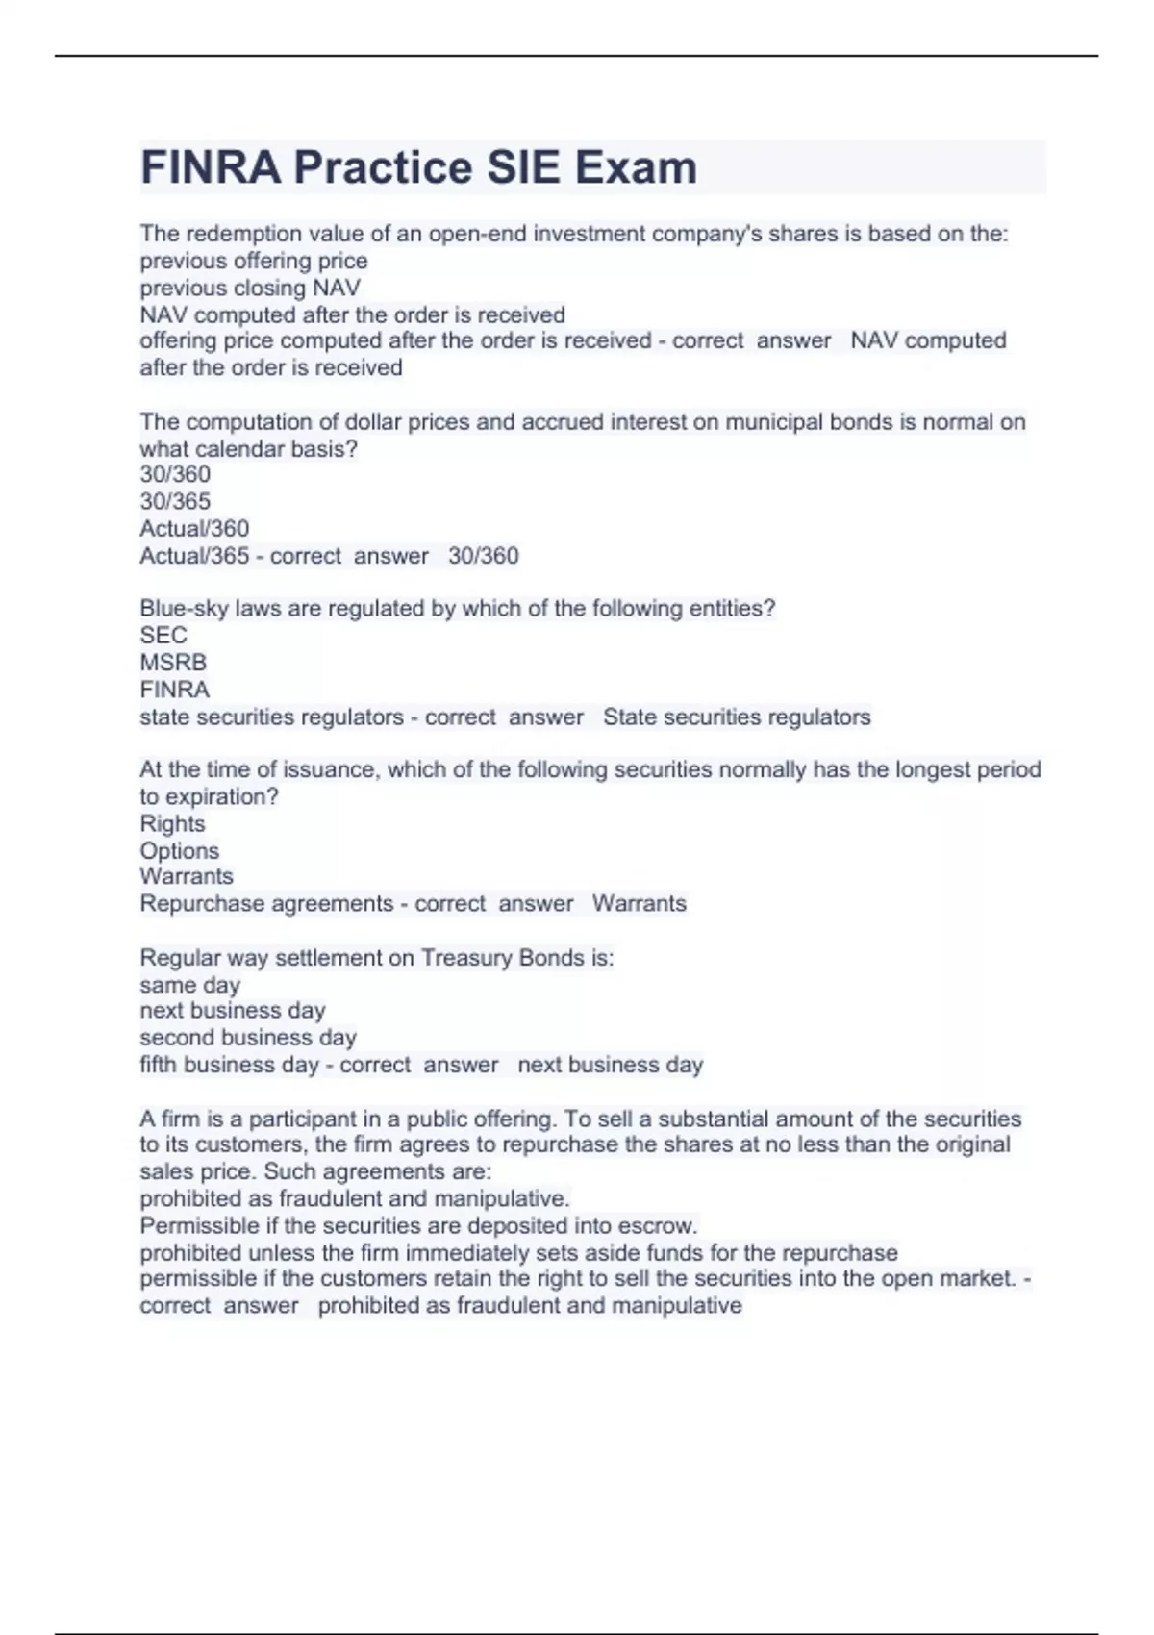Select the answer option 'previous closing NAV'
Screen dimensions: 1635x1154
point(250,288)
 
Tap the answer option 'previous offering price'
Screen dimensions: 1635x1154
point(254,261)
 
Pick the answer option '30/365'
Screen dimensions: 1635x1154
point(175,501)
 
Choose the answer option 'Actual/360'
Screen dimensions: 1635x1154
point(194,528)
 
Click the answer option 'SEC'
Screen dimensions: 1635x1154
point(163,635)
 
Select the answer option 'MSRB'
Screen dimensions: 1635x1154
point(173,663)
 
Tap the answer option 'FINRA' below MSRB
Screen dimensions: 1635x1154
point(175,690)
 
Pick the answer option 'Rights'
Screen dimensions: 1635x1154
point(172,823)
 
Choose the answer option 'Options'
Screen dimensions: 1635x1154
point(180,850)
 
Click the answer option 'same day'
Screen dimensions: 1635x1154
point(189,985)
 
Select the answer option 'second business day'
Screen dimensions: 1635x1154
point(248,1037)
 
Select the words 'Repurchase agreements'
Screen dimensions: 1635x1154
point(266,903)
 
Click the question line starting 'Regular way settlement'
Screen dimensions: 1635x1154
point(377,958)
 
